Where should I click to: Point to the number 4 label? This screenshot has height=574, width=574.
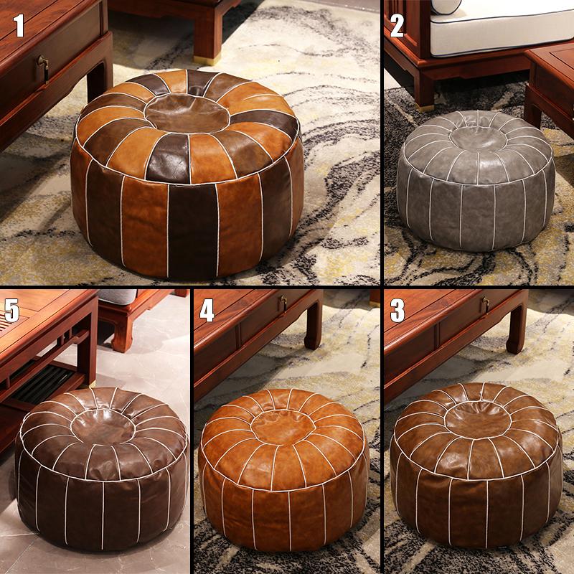[x=207, y=311]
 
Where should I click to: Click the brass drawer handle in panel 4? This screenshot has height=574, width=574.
[x=283, y=304]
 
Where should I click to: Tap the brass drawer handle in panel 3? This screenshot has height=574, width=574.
[x=485, y=304]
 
